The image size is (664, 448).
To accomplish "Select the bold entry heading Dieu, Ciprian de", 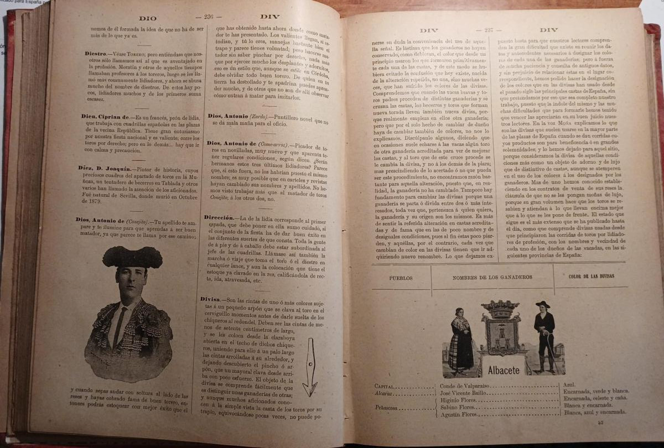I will [106, 117].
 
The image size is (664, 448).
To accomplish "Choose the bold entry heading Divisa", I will [212, 299].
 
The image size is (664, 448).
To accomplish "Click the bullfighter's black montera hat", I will [132, 257].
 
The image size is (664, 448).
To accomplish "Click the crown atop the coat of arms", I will [500, 308].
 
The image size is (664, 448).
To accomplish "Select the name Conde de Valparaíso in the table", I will [462, 386].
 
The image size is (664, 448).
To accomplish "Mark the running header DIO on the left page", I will [148, 18].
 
